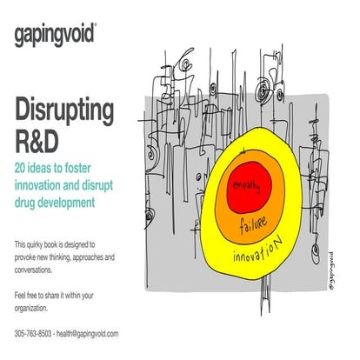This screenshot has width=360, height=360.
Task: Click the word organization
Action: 37,308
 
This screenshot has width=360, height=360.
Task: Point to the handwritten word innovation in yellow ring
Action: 258,254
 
